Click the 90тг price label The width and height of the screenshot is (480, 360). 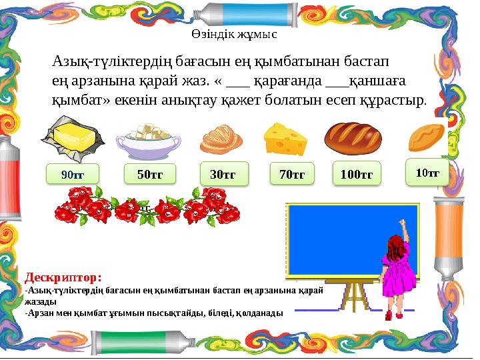(72, 174)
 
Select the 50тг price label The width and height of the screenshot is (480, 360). (150, 174)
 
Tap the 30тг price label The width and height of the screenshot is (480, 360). (223, 174)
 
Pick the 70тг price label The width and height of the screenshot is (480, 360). (292, 174)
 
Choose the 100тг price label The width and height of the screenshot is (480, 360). (356, 174)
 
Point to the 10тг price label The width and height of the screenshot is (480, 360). (427, 173)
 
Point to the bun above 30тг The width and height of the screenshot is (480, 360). (221, 139)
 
